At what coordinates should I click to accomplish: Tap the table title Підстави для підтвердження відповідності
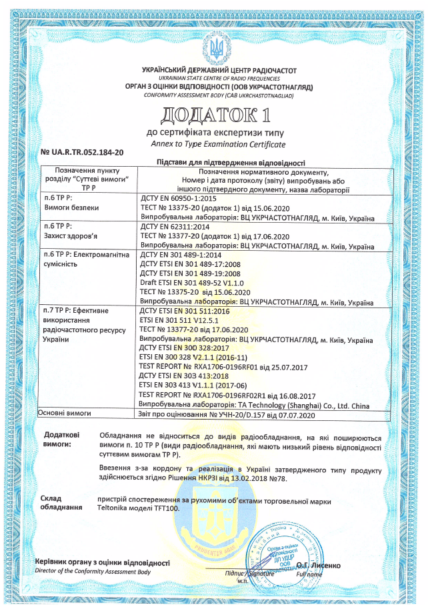(230, 162)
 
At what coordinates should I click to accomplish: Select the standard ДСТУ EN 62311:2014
(172, 227)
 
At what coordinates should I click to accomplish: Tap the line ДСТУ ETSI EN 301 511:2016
(184, 311)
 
